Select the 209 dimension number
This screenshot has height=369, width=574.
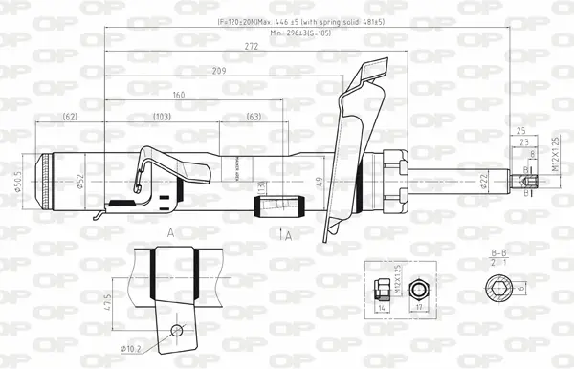(219, 71)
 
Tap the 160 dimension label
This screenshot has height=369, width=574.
(179, 95)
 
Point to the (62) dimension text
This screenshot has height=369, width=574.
(70, 117)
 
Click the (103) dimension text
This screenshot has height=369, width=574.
(162, 117)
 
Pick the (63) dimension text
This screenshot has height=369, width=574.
(254, 117)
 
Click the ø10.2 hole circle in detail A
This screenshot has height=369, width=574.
(175, 330)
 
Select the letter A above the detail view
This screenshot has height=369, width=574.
(169, 232)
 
